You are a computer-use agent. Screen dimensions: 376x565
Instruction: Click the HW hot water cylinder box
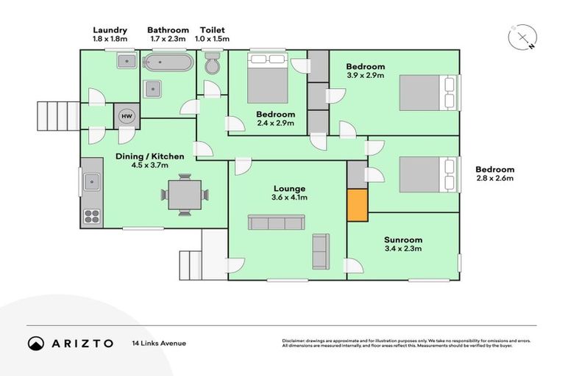[x=126, y=116]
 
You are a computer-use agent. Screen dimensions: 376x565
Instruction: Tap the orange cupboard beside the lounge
[x=357, y=205]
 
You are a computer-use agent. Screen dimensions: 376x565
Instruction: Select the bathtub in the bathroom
[x=168, y=63]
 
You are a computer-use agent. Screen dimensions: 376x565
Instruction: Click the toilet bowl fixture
[x=212, y=65]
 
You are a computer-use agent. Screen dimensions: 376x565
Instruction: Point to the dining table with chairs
[x=184, y=195]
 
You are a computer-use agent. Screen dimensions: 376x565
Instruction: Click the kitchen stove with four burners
[x=92, y=216]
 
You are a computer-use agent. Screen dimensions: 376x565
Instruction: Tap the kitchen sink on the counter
[x=92, y=180]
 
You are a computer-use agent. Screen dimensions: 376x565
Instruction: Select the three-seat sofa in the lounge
[x=276, y=223]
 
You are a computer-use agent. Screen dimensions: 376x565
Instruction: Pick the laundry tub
[x=126, y=62]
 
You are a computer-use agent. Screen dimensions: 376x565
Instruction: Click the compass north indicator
[x=523, y=37]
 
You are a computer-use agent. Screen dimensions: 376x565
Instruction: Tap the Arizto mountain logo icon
[x=36, y=343]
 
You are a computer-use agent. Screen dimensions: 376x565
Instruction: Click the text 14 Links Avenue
[x=159, y=343]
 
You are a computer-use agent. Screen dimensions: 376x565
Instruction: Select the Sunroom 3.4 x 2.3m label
[x=402, y=244]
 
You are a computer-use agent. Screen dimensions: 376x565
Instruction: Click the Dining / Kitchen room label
[x=149, y=160]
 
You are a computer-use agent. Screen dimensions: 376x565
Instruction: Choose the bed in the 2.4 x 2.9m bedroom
[x=267, y=78]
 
